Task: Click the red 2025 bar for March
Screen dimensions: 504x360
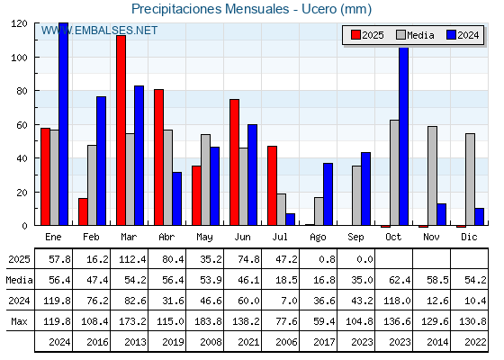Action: click(121, 130)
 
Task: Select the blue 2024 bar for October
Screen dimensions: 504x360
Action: click(404, 136)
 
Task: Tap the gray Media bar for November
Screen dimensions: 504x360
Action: click(432, 175)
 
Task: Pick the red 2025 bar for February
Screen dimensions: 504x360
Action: click(83, 211)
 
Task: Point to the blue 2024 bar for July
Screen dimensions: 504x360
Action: click(290, 220)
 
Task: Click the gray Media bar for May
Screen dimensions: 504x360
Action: click(206, 180)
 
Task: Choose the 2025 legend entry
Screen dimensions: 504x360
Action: click(367, 35)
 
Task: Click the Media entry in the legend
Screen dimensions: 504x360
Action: click(415, 35)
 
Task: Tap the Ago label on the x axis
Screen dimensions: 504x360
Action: click(318, 238)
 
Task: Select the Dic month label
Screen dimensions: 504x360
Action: click(469, 237)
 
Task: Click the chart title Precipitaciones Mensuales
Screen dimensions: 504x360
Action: click(211, 9)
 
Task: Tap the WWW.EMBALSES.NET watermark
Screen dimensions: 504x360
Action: click(99, 31)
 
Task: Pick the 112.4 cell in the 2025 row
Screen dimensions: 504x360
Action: click(132, 259)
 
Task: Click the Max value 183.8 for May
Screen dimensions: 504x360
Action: click(208, 321)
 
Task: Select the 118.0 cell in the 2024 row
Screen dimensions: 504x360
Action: click(397, 301)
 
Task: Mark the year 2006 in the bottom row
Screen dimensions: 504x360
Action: click(286, 342)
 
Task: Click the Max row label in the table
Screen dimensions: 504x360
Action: click(19, 321)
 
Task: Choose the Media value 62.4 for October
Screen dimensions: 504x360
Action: click(400, 280)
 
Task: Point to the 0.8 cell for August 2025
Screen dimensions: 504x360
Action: click(327, 259)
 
